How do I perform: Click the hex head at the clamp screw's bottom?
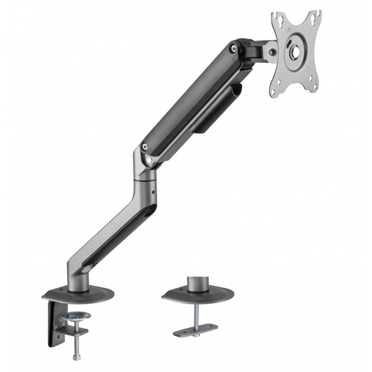pos(75,357)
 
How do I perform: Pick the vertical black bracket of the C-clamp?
pos(51,321)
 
